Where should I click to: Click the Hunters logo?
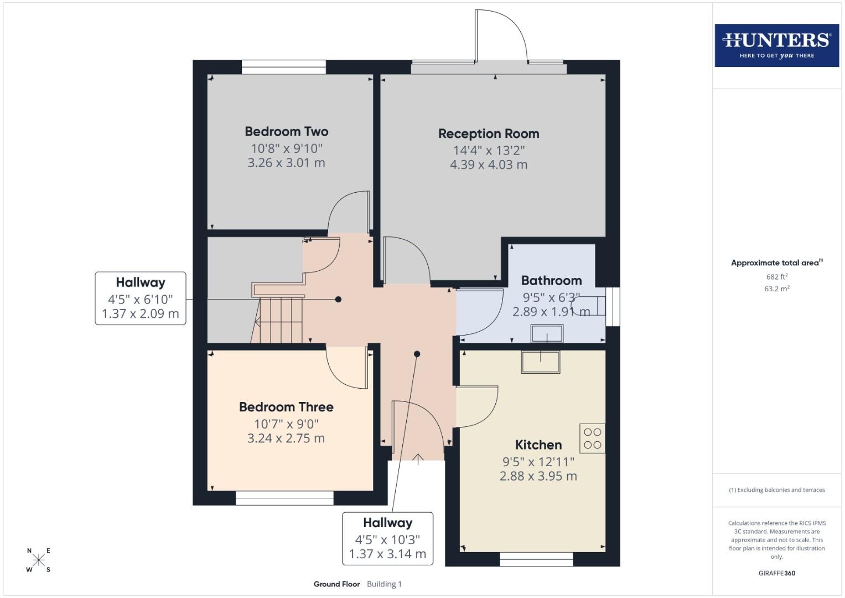(x=776, y=45)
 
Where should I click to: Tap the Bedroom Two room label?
(x=286, y=132)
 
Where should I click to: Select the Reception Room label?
(x=488, y=134)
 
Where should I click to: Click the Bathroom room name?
(x=551, y=281)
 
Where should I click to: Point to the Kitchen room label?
(x=538, y=445)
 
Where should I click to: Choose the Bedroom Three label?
(x=286, y=407)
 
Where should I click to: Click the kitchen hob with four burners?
(x=592, y=439)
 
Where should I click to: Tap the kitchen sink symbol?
(x=540, y=362)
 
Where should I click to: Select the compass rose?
(x=39, y=560)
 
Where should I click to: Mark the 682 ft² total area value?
(x=776, y=277)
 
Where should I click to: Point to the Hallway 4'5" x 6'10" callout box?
(x=141, y=298)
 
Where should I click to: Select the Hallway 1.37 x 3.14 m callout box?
(x=387, y=538)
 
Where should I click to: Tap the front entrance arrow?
(x=418, y=458)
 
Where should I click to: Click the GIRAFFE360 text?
(x=776, y=573)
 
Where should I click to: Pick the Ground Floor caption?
(x=336, y=584)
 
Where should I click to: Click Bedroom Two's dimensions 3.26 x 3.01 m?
(x=286, y=163)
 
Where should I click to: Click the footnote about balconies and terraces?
(x=776, y=490)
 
